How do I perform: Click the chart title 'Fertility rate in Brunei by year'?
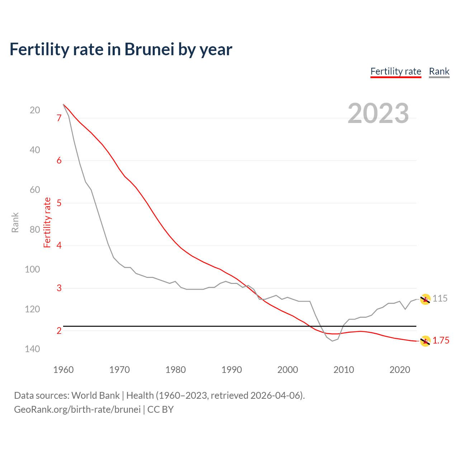pos(121,49)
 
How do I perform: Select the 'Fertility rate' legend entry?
pos(396,71)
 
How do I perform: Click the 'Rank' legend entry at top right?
pos(439,71)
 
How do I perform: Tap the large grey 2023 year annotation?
pos(378,113)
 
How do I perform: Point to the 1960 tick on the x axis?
pos(63,370)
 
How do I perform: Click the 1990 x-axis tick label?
pos(232,370)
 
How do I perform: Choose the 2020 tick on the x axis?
pos(399,370)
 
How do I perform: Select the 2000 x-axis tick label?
pos(288,370)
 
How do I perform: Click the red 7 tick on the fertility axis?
pos(59,118)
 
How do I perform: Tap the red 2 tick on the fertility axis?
pos(59,331)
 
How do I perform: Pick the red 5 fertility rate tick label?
pos(59,203)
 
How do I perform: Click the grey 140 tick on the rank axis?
pos(32,349)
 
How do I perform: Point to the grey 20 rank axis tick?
pos(35,110)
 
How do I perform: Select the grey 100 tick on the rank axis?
pos(32,269)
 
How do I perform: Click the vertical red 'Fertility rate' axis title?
pos(47,223)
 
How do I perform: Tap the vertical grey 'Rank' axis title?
pos(15,223)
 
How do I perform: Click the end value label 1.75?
pos(441,341)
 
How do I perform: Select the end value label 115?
pos(440,298)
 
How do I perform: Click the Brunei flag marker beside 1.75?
pos(425,341)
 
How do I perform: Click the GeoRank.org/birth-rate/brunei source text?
pos(77,410)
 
